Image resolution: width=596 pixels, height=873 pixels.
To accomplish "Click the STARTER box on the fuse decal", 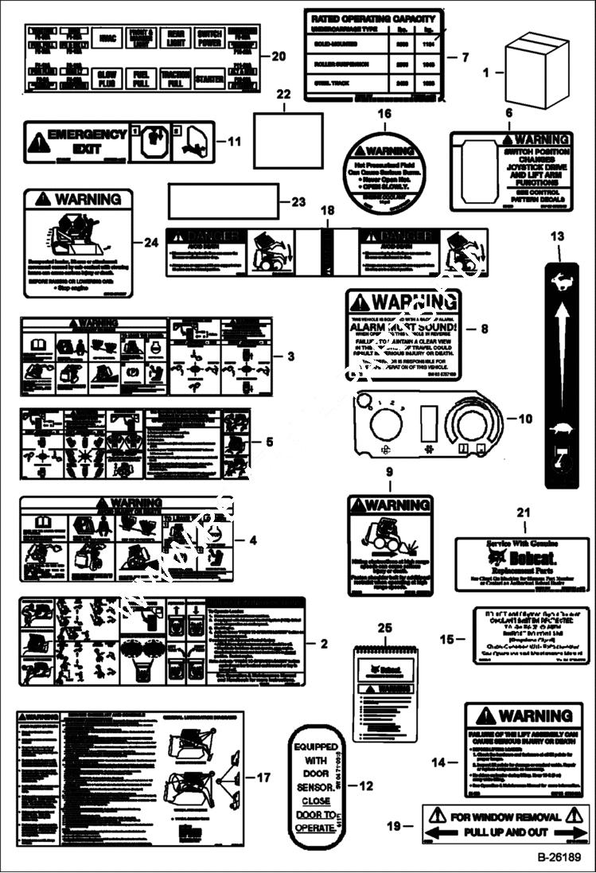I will [x=210, y=79].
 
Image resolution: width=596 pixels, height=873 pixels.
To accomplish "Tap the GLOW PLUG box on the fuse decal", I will [x=106, y=78].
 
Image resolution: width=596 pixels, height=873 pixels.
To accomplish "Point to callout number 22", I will [x=283, y=95].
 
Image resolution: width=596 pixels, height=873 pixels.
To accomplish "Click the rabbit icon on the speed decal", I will [x=561, y=281].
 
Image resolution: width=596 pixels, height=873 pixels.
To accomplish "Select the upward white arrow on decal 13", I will [x=561, y=350].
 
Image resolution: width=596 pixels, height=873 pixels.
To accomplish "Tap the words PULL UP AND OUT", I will [x=505, y=832].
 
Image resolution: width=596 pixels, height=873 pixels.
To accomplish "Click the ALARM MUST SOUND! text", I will [x=403, y=325].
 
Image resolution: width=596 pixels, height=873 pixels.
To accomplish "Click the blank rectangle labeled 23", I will [x=223, y=201].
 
